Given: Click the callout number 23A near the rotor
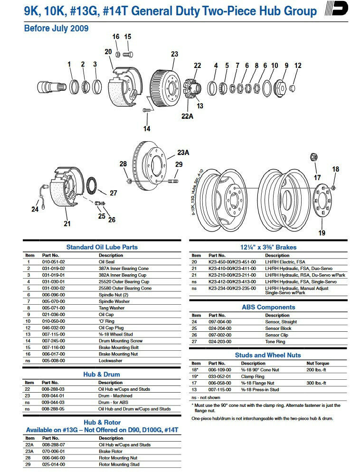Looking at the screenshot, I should tap(183, 153).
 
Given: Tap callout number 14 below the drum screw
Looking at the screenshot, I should tap(147, 129).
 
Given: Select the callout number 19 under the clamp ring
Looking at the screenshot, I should tap(322, 233).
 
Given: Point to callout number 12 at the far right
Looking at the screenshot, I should tap(298, 66).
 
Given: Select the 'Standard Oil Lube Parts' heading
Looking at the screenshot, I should tap(102, 247).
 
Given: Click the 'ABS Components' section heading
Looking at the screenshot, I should tap(268, 307).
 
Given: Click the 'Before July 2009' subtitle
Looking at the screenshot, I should tap(56, 29).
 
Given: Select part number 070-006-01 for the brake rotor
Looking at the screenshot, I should tap(53, 451).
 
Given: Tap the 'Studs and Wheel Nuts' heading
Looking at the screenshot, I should tap(268, 355).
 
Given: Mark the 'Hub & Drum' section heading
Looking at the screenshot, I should tap(102, 374).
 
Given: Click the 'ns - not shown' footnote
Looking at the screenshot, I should tap(206, 397).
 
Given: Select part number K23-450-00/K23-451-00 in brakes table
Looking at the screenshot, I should tap(232, 262).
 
